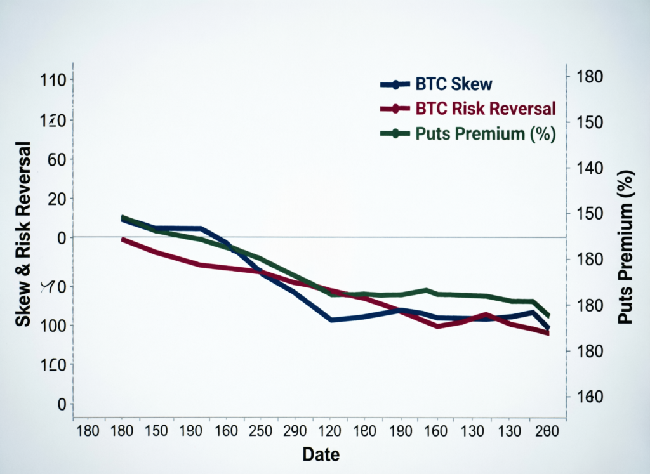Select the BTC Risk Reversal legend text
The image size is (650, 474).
point(486,109)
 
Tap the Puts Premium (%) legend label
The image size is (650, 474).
point(486,134)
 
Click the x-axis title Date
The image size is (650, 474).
point(321,454)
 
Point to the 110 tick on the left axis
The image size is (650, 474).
point(53,80)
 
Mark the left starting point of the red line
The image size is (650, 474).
point(123,239)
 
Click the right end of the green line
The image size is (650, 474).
point(548,315)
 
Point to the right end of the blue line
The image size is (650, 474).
point(548,328)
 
